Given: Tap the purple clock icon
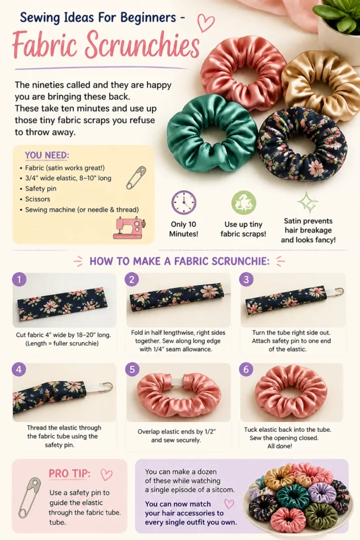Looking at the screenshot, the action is click(x=184, y=202).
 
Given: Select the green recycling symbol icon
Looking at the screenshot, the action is click(x=244, y=202).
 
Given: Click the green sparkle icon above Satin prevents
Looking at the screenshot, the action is click(x=308, y=202).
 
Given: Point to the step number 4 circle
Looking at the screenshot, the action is click(x=19, y=370).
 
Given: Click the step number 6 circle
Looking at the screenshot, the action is click(x=246, y=370).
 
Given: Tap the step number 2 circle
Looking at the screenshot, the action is click(x=132, y=279).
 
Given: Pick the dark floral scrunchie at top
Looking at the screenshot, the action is click(x=302, y=144).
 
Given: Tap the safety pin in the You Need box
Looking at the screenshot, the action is click(x=136, y=178).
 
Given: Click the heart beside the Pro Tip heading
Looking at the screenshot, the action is click(x=106, y=475).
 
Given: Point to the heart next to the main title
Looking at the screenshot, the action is click(x=206, y=23).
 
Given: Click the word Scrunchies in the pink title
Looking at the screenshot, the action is click(x=142, y=45).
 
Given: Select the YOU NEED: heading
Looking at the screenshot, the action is click(x=47, y=156).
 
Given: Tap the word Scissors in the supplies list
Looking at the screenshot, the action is click(x=37, y=199).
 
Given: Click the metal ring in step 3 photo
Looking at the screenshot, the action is click(x=340, y=291).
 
